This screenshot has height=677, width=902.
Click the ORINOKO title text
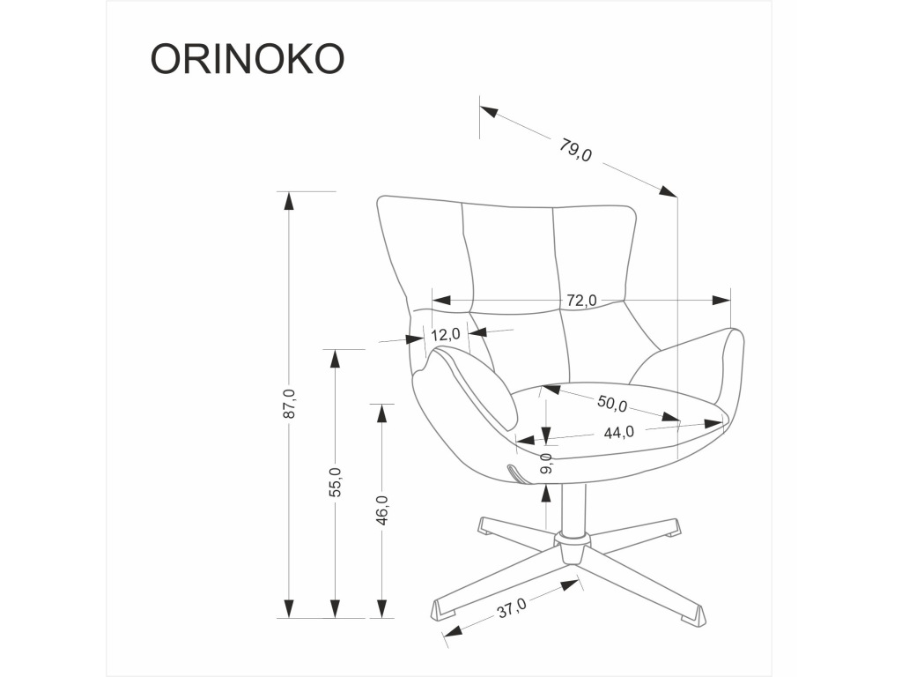coord(248,59)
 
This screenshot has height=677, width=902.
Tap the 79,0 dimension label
coord(574,151)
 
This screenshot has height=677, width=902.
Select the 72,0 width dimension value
coord(581,300)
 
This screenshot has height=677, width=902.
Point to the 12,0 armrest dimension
coord(446,333)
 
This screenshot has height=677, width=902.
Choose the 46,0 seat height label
coord(382,510)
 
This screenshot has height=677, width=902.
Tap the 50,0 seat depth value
coord(611,402)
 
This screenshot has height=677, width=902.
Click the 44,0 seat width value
coord(619,432)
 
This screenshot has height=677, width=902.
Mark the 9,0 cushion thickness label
coord(546,464)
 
